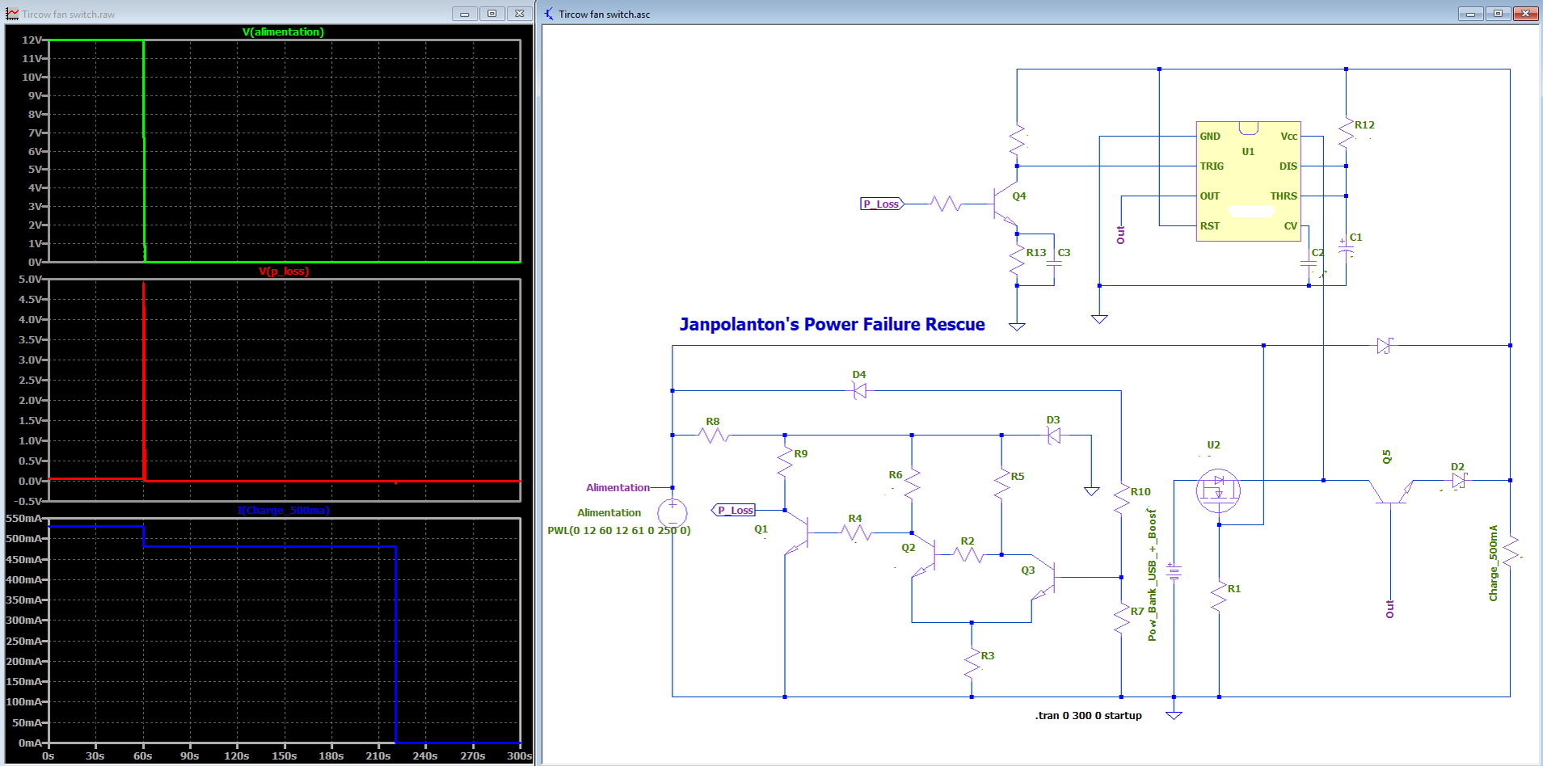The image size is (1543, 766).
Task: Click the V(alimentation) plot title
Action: pyautogui.click(x=283, y=32)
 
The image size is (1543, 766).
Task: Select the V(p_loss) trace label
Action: pyautogui.click(x=284, y=271)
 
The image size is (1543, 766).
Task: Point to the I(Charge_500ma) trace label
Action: pyautogui.click(x=284, y=510)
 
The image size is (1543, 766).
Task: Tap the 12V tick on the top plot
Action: pyautogui.click(x=32, y=40)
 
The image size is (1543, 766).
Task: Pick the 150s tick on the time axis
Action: pyautogui.click(x=284, y=755)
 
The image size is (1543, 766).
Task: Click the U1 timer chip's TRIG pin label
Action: pyautogui.click(x=1212, y=166)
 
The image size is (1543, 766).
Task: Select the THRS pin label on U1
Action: pyautogui.click(x=1284, y=196)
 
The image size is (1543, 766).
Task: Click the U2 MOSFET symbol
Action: pyautogui.click(x=1218, y=490)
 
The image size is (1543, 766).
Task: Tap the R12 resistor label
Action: pyautogui.click(x=1364, y=124)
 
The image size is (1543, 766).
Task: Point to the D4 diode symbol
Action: pyautogui.click(x=860, y=391)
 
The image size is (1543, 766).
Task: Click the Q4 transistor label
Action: pyautogui.click(x=1019, y=196)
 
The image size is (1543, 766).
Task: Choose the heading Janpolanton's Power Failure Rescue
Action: pyautogui.click(x=832, y=324)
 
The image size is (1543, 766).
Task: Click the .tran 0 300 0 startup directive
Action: pyautogui.click(x=1088, y=715)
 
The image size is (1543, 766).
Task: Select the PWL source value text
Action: pyautogui.click(x=619, y=530)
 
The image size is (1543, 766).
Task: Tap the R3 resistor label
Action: pyautogui.click(x=988, y=655)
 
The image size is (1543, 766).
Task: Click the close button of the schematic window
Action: pyautogui.click(x=1525, y=13)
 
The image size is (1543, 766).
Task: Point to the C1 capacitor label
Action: pyautogui.click(x=1355, y=237)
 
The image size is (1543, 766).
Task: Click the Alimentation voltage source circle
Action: pyautogui.click(x=672, y=512)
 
